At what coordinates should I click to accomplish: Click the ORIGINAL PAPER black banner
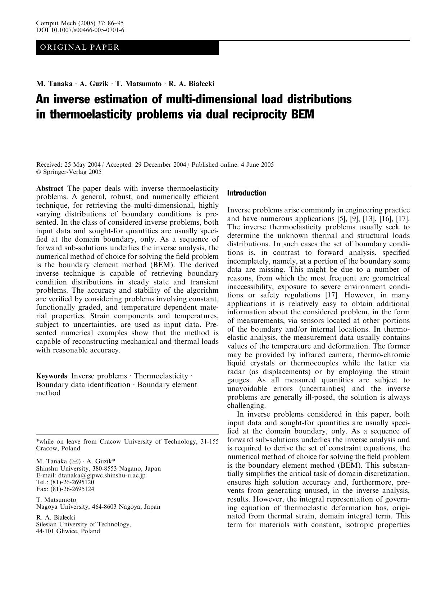127,47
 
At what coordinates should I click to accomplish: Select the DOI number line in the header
80,30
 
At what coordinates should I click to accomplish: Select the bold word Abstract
50,188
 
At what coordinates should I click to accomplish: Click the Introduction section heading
247,193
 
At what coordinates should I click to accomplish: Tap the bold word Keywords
51,376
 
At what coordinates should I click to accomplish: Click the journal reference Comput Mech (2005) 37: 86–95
80,23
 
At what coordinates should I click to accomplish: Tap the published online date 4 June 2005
257,165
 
